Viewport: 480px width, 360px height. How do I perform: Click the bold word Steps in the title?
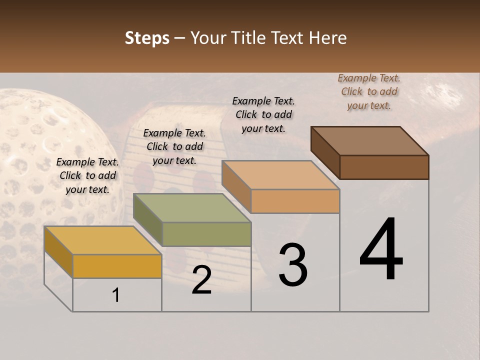tap(147, 38)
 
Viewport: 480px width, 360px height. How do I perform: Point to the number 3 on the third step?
tap(293, 265)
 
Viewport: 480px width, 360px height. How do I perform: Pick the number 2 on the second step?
tap(201, 280)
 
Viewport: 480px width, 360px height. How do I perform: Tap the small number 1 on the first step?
tap(116, 295)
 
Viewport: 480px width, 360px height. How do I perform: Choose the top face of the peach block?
tap(280, 175)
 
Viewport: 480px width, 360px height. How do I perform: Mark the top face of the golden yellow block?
tap(103, 240)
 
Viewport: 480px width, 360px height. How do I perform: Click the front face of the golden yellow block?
tap(117, 266)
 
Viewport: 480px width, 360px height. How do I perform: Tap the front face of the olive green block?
tap(206, 234)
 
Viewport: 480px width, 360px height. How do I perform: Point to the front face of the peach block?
tap(295, 201)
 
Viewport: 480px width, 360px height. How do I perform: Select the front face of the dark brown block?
tap(384, 167)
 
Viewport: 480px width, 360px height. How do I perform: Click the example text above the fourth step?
tap(369, 92)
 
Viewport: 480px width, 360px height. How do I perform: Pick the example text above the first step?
tap(87, 175)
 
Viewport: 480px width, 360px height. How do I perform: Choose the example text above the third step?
tap(263, 114)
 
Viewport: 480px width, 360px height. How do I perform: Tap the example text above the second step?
tap(174, 146)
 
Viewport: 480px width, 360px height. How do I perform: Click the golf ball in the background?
tap(45, 150)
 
